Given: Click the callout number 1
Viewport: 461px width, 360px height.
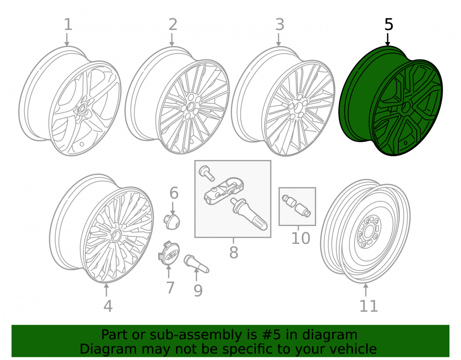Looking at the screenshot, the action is click(68, 25).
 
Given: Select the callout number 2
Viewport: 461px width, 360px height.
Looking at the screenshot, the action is click(173, 25).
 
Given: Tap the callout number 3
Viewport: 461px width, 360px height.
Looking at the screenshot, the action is click(280, 25).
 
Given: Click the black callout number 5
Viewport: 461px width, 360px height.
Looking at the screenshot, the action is click(389, 25).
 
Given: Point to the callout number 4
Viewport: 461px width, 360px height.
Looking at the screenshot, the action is click(108, 306).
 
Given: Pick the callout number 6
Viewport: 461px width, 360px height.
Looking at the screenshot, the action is click(174, 193).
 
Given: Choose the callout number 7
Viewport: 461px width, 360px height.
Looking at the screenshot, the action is click(171, 288).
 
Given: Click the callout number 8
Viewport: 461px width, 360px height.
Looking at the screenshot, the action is click(234, 253).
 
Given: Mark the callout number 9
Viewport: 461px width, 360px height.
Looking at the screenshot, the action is click(198, 290).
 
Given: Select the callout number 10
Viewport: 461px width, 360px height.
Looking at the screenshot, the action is click(301, 238).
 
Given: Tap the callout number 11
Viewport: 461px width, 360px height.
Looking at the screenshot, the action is click(369, 306).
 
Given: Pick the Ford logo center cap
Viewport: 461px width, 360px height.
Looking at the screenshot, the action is click(169, 254).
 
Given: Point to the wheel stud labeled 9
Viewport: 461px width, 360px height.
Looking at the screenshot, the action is click(196, 264).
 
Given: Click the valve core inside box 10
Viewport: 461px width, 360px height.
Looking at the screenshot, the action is click(296, 206).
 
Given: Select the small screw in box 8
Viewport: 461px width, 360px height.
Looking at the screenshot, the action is click(207, 173).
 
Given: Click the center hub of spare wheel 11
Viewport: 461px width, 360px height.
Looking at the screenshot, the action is click(368, 233).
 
